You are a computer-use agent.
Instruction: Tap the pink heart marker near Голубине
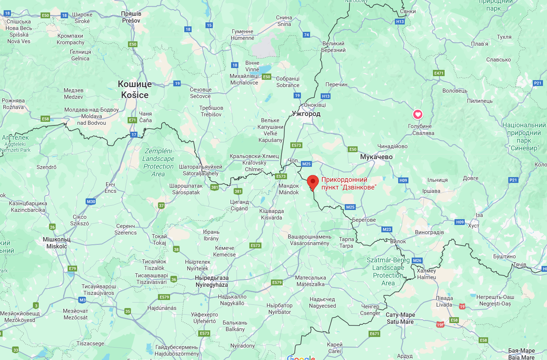[418, 115]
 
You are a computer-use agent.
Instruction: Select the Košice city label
[135, 90]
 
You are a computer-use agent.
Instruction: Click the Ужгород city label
[306, 114]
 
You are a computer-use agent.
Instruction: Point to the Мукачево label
[376, 157]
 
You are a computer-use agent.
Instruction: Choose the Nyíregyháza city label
[212, 281]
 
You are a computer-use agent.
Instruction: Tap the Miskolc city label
[57, 243]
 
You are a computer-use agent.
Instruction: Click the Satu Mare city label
[400, 318]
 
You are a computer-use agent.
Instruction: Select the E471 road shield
[439, 73]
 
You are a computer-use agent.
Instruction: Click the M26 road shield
[417, 260]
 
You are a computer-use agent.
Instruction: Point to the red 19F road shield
[440, 325]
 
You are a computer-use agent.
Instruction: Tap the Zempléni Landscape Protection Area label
[159, 162]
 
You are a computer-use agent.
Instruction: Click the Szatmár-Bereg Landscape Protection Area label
[388, 271]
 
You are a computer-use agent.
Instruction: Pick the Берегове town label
[364, 220]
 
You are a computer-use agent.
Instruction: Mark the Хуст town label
[474, 226]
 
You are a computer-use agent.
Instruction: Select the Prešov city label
[131, 17]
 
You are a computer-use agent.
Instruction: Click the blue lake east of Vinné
[266, 69]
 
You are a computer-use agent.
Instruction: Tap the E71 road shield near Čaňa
[132, 120]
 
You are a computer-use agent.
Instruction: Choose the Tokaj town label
[159, 240]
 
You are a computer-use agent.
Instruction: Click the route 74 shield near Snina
[306, 35]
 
